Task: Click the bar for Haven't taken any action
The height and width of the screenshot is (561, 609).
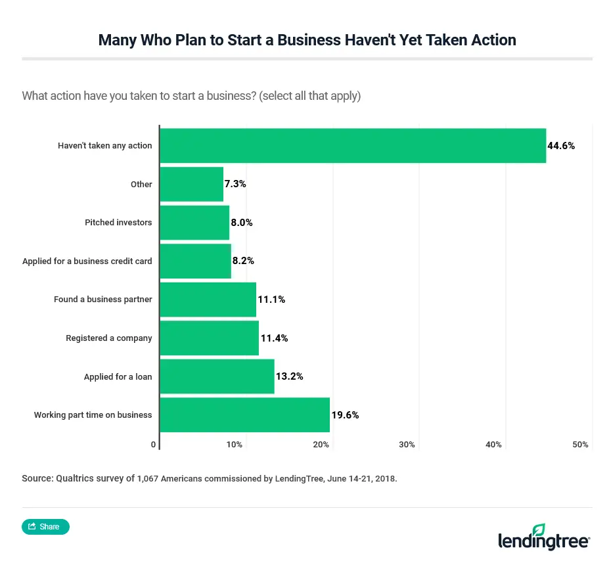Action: (x=353, y=145)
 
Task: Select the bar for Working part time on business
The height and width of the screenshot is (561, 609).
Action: (x=244, y=415)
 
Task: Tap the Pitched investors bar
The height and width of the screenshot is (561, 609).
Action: (x=194, y=223)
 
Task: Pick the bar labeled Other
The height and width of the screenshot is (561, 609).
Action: (x=192, y=184)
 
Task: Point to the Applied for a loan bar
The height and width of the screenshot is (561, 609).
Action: (x=217, y=376)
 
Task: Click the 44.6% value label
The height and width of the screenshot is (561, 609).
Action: (x=561, y=146)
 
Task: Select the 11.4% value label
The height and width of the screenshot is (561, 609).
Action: (x=274, y=338)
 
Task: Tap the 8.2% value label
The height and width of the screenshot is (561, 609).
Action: (x=242, y=261)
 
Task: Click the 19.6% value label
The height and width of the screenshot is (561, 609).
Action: (x=345, y=415)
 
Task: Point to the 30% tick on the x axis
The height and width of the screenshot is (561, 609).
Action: (x=407, y=445)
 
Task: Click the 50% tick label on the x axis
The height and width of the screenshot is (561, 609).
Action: (x=580, y=445)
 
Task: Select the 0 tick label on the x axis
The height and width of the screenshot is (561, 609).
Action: (x=154, y=445)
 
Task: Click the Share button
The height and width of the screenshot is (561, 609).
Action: (x=45, y=526)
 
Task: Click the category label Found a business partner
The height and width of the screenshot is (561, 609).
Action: (x=102, y=300)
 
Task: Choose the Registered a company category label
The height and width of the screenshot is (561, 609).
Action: (x=108, y=338)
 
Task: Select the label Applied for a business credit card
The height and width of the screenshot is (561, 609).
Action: (x=87, y=261)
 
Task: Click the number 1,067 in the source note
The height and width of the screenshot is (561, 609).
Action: (x=150, y=479)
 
